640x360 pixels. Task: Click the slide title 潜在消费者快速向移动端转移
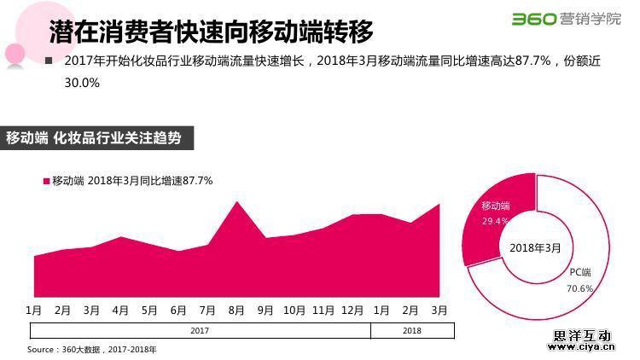212,32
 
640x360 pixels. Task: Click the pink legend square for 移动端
46,181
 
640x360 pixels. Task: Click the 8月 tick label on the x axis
236,309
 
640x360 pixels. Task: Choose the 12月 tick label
352,309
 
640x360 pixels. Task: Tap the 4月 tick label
120,309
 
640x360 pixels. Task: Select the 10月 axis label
294,309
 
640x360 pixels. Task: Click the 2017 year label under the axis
200,330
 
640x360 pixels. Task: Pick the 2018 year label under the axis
411,330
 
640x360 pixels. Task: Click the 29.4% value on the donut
495,221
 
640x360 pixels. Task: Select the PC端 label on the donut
580,272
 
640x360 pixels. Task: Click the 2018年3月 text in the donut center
535,248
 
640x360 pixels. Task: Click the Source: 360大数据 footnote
92,350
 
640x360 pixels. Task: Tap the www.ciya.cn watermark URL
580,347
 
